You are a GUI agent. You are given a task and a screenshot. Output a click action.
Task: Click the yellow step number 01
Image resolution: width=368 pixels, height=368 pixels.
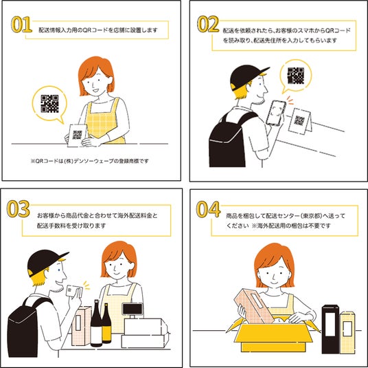click(21, 24)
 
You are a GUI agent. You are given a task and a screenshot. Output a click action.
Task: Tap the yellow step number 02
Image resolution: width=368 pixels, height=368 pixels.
click(208, 24)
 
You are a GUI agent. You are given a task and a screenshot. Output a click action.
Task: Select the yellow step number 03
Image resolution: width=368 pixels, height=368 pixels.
click(19, 209)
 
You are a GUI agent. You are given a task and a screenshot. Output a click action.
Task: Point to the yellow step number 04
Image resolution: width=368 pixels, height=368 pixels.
click(209, 209)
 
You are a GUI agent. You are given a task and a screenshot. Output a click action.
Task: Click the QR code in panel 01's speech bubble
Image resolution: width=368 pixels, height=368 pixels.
click(49, 104)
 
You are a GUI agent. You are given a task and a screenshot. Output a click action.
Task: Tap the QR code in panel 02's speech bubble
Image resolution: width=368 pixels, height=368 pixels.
click(296, 76)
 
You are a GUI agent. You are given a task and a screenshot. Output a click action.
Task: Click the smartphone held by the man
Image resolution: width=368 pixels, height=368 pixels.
click(276, 113)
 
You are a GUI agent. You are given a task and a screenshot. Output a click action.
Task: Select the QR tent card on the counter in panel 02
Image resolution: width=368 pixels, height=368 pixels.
click(300, 121)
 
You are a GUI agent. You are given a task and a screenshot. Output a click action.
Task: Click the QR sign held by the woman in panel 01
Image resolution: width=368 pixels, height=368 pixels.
click(76, 136)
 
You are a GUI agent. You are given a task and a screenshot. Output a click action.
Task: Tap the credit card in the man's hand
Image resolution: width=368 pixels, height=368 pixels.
click(74, 291)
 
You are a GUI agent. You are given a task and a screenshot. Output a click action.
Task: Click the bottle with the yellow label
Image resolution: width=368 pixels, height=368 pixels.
click(106, 323)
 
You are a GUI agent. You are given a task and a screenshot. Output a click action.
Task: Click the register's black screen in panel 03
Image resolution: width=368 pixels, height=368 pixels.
click(133, 309)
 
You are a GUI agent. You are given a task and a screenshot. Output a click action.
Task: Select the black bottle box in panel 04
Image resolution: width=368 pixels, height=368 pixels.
click(330, 329)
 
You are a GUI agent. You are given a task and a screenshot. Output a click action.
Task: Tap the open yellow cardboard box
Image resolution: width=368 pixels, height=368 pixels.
click(273, 335)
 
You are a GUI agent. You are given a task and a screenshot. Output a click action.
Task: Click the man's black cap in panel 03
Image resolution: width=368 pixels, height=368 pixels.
click(45, 261)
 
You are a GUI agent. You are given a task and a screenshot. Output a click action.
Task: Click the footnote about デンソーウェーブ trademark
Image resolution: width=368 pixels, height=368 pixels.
click(90, 161)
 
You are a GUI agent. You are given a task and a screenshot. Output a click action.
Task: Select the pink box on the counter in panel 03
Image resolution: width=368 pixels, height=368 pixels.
click(81, 325)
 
